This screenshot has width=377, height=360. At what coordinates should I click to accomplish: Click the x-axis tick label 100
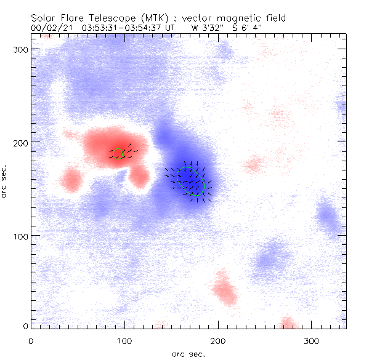click(124, 340)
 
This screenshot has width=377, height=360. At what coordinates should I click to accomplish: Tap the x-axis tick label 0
click(31, 340)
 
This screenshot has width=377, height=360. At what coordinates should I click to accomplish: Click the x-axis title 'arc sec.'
click(188, 353)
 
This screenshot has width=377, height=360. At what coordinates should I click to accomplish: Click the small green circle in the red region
click(119, 154)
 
